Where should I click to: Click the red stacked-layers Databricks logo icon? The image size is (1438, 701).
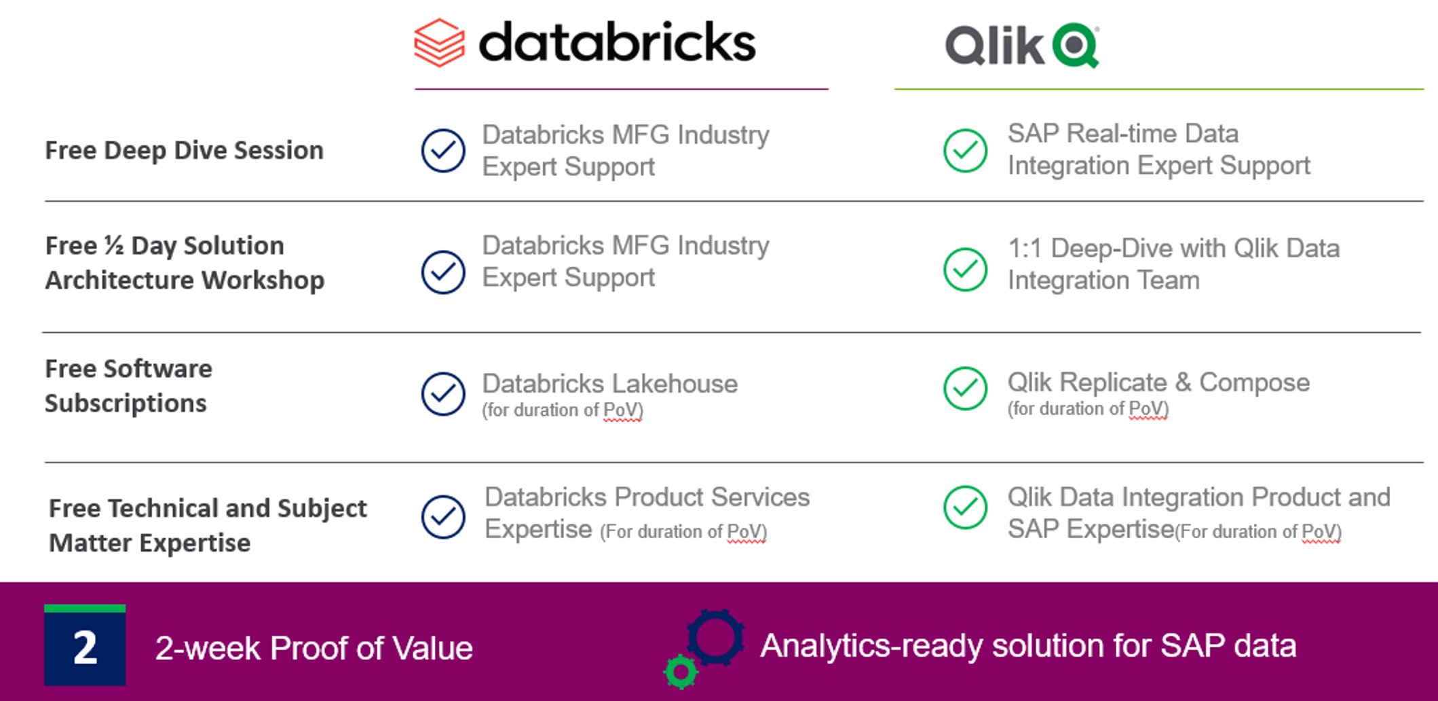pos(440,43)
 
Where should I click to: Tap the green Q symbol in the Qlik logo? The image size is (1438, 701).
pos(1076,46)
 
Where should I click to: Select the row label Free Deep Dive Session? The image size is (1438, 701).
pos(184,150)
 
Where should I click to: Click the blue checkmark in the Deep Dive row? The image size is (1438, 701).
pos(443,150)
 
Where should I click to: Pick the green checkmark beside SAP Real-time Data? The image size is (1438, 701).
pos(965,150)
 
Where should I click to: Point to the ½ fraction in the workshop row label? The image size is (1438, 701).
pos(114,245)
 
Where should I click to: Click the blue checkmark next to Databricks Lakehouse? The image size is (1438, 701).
pos(443,393)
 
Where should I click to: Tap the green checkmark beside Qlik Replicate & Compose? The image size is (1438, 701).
pos(965,389)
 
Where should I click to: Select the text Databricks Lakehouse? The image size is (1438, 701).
pos(610,384)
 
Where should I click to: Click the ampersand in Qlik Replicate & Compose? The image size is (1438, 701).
pos(1183,382)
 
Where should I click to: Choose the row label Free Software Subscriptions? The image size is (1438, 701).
pos(128,386)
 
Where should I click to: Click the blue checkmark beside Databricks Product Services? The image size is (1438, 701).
pos(443,517)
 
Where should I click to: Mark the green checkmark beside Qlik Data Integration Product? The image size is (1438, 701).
pos(965,507)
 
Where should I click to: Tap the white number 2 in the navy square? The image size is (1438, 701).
pos(85,648)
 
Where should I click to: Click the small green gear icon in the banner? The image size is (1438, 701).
pos(681,672)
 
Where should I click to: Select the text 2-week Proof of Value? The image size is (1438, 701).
pos(314,648)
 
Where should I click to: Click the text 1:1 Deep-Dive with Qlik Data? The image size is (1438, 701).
pos(1173,249)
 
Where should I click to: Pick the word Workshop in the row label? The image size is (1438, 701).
pos(263,280)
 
